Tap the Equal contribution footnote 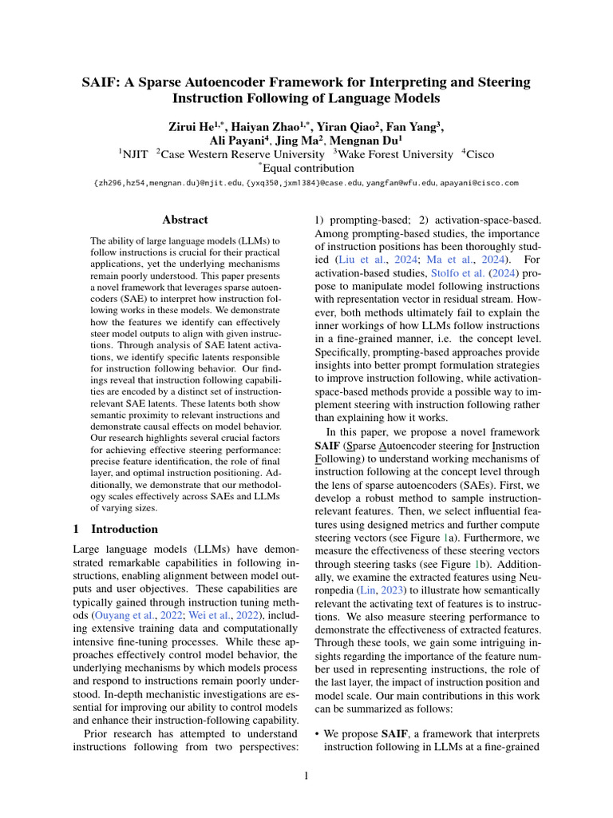306,168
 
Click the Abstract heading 185,220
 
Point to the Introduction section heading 124,529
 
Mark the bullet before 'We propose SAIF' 318,733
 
